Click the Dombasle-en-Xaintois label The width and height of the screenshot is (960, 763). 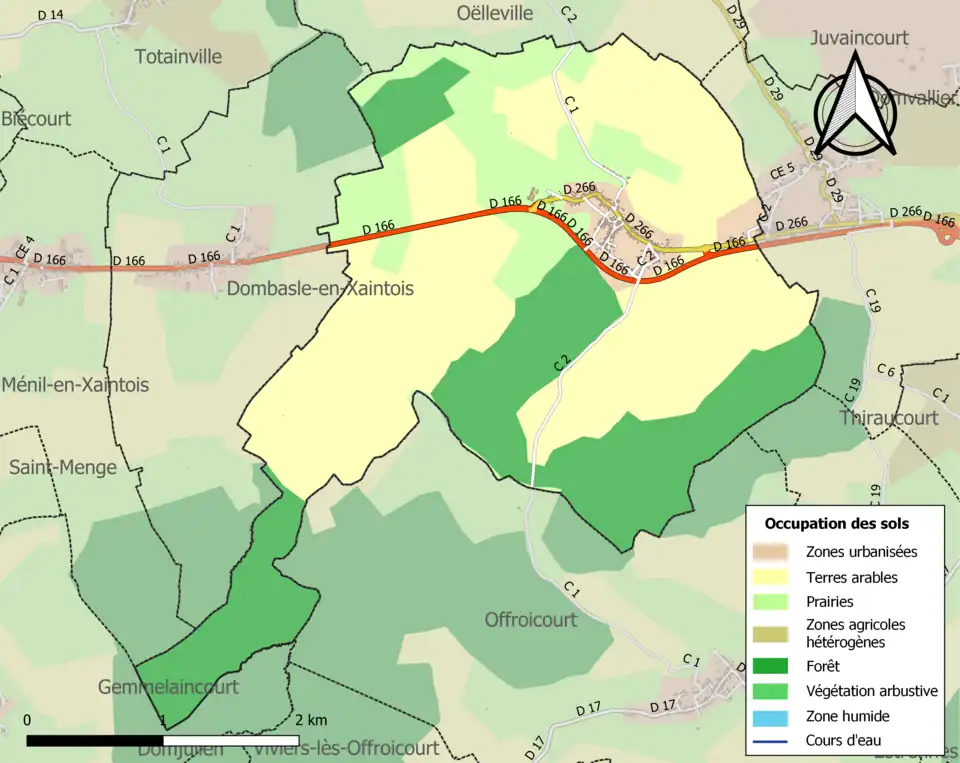point(320,288)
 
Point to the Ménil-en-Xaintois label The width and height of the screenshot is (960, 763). point(75,385)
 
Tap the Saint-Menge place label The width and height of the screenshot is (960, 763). point(63,467)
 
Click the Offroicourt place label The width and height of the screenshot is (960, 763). point(530,619)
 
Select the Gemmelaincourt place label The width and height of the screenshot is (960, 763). point(168,687)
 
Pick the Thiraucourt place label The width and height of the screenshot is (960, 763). point(890,417)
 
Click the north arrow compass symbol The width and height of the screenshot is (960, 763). point(855,105)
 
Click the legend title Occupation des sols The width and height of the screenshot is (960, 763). point(836,523)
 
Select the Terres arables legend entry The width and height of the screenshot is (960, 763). point(851,577)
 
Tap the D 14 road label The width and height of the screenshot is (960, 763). point(49,14)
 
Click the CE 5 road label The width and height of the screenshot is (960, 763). point(782,169)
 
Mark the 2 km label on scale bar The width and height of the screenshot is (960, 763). point(310,720)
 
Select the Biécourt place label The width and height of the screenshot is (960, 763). point(36,118)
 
